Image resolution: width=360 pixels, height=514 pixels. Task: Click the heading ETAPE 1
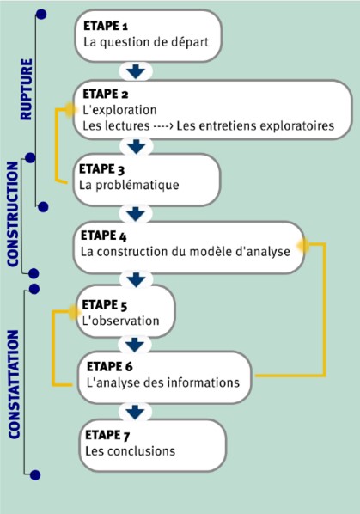(106, 26)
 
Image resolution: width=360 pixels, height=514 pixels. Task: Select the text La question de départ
(146, 42)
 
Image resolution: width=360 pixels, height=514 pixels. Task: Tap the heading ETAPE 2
(106, 94)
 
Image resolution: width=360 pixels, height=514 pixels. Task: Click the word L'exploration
(119, 110)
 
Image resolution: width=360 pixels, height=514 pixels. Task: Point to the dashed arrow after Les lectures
(162, 126)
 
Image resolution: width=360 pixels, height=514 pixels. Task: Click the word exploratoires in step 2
(296, 125)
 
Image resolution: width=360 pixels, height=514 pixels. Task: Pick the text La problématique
(129, 185)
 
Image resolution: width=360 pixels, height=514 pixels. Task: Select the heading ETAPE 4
(103, 236)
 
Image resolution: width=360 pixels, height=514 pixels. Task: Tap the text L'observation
(121, 321)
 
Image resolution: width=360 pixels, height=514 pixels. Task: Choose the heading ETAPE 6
(110, 366)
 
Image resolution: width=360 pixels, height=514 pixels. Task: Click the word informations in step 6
(202, 382)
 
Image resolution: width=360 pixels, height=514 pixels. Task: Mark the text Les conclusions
(131, 451)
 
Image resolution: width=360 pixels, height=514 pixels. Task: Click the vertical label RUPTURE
(27, 89)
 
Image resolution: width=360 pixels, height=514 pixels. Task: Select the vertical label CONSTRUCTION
(13, 214)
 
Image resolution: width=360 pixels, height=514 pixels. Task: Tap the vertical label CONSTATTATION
(14, 384)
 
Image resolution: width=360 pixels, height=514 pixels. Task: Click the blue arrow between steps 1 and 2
(136, 71)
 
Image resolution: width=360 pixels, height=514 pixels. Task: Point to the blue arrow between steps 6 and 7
(135, 412)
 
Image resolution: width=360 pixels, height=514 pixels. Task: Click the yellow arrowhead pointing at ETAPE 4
(302, 245)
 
